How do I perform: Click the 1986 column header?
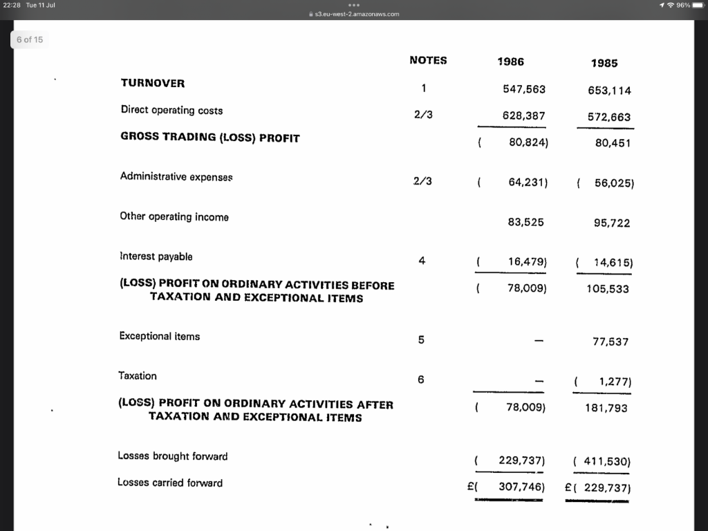pyautogui.click(x=510, y=62)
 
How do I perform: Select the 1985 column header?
pyautogui.click(x=604, y=63)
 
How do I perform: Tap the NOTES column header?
pyautogui.click(x=428, y=60)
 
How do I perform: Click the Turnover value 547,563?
pyautogui.click(x=524, y=89)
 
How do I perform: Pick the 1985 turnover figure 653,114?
pyautogui.click(x=609, y=91)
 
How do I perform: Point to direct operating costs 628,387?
pyautogui.click(x=524, y=116)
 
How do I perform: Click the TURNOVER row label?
pyautogui.click(x=153, y=83)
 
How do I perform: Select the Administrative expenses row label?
pyautogui.click(x=176, y=176)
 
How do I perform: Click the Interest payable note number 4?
pyautogui.click(x=422, y=261)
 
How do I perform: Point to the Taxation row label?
pyautogui.click(x=138, y=375)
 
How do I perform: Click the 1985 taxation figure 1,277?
pyautogui.click(x=613, y=382)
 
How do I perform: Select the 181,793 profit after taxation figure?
pyautogui.click(x=606, y=408)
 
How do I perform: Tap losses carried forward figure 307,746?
pyautogui.click(x=522, y=487)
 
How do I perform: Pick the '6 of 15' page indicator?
pyautogui.click(x=30, y=39)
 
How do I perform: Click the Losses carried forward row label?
pyautogui.click(x=170, y=483)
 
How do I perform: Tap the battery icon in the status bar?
pyautogui.click(x=698, y=6)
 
